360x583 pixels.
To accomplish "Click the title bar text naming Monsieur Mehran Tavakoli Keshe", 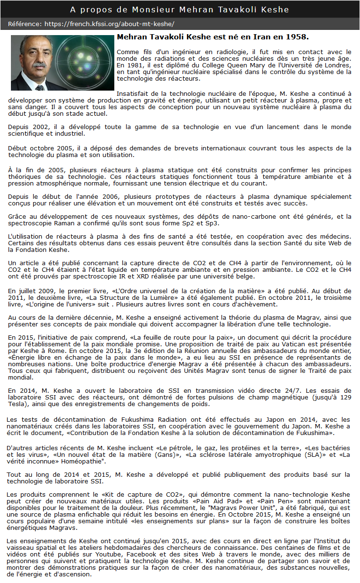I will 179,9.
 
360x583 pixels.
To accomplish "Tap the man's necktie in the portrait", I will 40,87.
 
